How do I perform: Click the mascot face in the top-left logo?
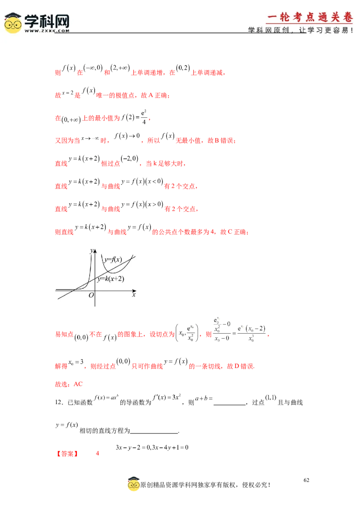pyautogui.click(x=13, y=23)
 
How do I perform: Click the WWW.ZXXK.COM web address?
pyautogui.click(x=46, y=31)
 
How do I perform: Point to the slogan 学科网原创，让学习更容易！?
pyautogui.click(x=300, y=30)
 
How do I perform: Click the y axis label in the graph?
pyautogui.click(x=92, y=250)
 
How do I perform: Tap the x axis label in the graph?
pyautogui.click(x=134, y=294)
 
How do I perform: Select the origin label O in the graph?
pyautogui.click(x=91, y=295)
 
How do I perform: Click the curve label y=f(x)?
pyautogui.click(x=113, y=260)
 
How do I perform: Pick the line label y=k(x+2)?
pyautogui.click(x=111, y=279)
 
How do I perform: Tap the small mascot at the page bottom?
pyautogui.click(x=134, y=484)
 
